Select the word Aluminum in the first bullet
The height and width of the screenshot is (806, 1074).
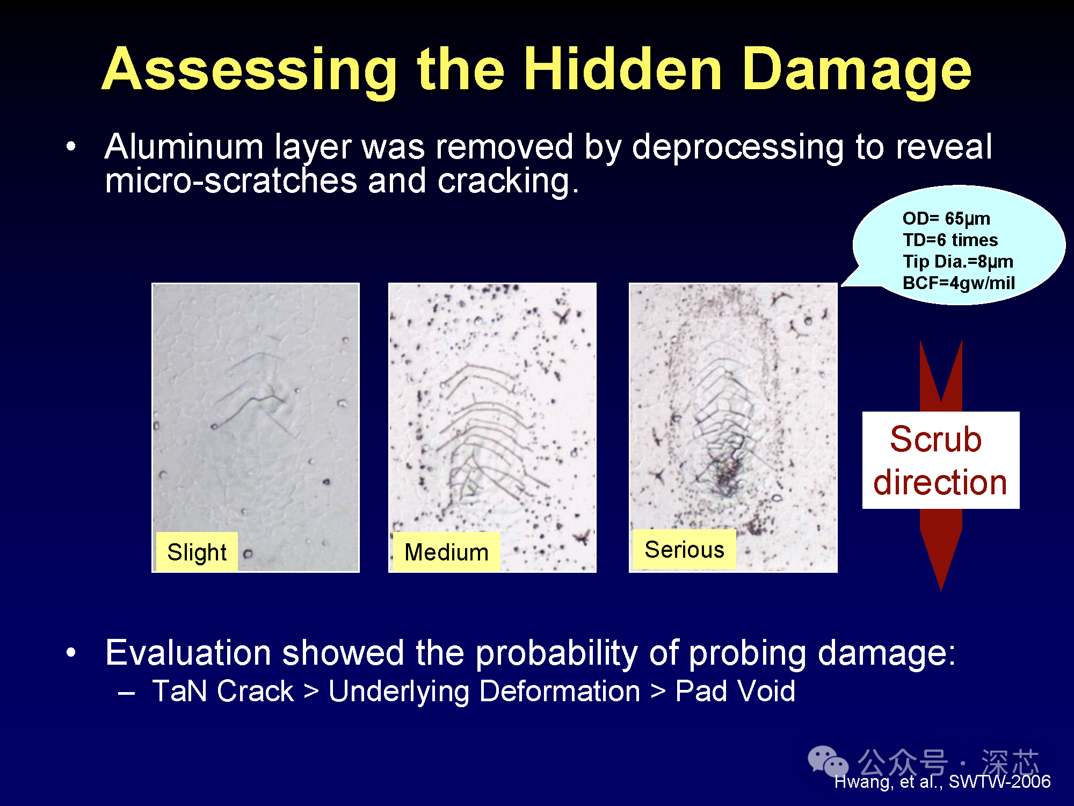click(x=184, y=146)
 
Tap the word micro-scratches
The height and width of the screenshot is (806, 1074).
click(x=231, y=181)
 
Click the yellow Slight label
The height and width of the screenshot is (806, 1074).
click(x=197, y=552)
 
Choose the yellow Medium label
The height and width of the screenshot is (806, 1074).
click(x=446, y=552)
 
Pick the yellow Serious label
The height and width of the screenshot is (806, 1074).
click(x=685, y=549)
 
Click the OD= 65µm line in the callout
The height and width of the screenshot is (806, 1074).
click(x=946, y=218)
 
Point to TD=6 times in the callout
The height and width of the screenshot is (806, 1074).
click(x=950, y=240)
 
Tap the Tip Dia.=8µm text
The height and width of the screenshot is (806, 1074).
click(x=958, y=261)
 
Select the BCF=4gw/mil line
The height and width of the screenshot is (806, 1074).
click(x=959, y=283)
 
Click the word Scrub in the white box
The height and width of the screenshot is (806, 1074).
click(x=936, y=439)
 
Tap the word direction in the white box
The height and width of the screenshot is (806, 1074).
click(x=940, y=481)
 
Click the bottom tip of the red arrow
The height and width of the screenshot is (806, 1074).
click(x=941, y=591)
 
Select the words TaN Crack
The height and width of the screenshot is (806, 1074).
click(x=223, y=691)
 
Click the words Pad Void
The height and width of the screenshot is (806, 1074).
click(x=735, y=691)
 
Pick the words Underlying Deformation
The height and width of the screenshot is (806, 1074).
click(x=484, y=692)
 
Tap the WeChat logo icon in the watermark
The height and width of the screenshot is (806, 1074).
click(x=828, y=761)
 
